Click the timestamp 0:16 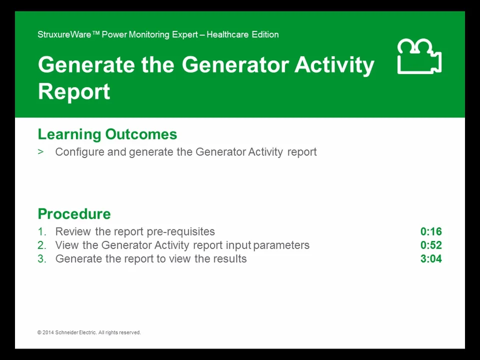tap(431, 231)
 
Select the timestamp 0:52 tap(431, 245)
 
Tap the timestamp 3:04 tap(431, 258)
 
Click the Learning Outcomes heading tap(107, 134)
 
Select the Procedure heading tap(74, 214)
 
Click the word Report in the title tap(74, 92)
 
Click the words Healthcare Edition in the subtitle tap(242, 34)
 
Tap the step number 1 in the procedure tap(41, 231)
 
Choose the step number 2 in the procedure tap(41, 245)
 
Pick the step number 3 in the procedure tap(41, 258)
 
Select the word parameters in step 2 tap(281, 245)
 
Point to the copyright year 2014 tap(48, 332)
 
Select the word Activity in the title tap(334, 65)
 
